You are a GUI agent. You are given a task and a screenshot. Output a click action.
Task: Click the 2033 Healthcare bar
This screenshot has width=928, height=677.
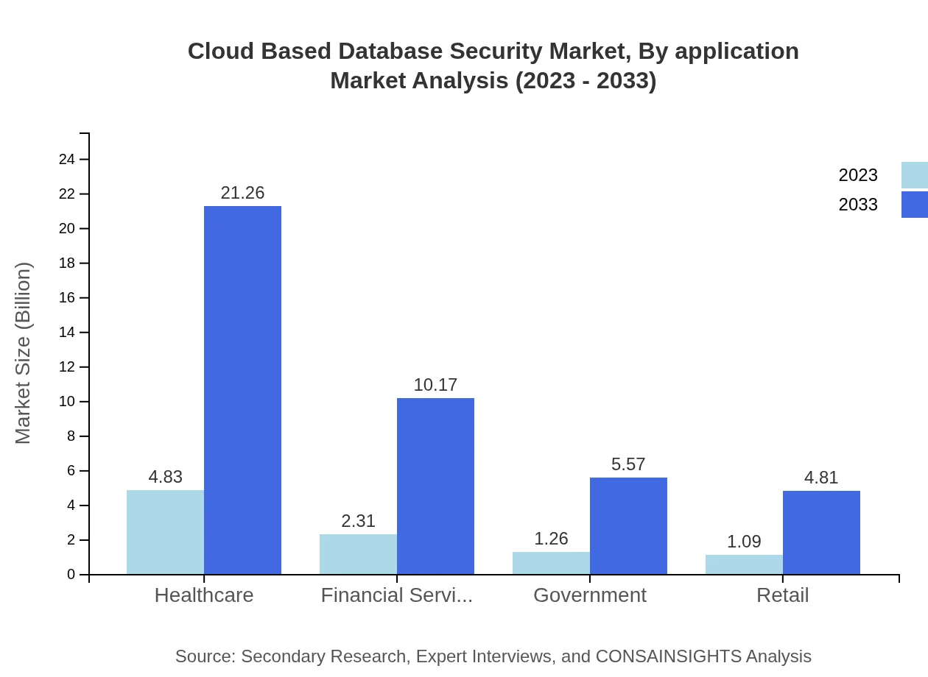(242, 390)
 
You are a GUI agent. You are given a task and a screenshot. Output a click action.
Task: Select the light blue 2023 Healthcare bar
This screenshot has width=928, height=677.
(165, 532)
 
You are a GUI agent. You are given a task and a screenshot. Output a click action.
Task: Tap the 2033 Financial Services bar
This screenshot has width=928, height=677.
(435, 486)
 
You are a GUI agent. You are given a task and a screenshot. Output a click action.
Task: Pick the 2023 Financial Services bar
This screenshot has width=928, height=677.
(358, 554)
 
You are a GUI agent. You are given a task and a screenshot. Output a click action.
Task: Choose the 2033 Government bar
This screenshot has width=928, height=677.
(628, 525)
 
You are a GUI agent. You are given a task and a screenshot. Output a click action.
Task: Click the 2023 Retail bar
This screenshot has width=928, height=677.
(744, 564)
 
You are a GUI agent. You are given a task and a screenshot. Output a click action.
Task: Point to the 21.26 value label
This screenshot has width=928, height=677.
(242, 193)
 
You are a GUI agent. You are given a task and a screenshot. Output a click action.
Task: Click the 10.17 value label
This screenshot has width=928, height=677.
(435, 385)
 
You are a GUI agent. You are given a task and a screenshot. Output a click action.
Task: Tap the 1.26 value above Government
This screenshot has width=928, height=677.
(551, 539)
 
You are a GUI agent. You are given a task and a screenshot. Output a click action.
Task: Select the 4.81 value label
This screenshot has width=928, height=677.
(821, 478)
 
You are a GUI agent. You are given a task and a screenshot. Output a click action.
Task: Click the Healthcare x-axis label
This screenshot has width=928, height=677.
(204, 595)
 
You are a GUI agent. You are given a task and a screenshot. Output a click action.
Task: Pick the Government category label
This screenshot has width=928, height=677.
(590, 595)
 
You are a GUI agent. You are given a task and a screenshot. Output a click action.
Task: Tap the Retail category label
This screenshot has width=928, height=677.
(783, 595)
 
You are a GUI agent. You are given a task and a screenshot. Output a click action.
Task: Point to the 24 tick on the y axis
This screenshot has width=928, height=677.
(66, 160)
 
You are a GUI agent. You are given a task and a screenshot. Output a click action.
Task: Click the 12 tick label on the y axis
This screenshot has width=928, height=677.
(66, 367)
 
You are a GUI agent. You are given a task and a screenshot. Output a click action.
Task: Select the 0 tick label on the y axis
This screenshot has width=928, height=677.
(71, 575)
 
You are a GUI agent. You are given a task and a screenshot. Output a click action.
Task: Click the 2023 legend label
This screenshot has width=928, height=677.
(858, 175)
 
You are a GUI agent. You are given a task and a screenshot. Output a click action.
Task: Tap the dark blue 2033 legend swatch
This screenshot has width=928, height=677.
(915, 205)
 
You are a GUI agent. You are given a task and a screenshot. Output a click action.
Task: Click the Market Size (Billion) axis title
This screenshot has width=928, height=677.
(24, 353)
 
